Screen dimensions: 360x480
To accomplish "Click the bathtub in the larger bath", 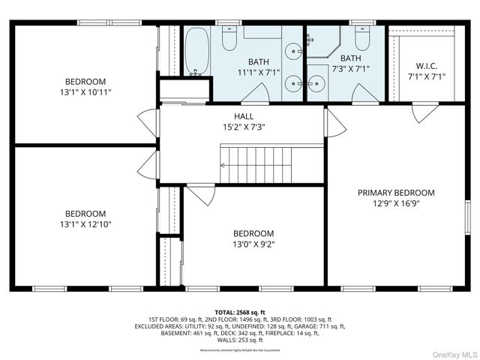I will coord(197,52).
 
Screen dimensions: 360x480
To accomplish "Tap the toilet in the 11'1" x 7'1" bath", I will coord(229,37).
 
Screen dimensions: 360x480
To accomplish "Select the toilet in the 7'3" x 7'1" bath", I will coord(363,37).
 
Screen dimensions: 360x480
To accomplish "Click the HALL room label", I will coord(244,116).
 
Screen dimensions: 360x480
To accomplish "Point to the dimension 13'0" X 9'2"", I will coord(253,244).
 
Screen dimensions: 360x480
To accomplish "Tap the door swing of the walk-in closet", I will coord(425,112).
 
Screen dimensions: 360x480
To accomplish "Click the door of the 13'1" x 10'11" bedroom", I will coord(147,122).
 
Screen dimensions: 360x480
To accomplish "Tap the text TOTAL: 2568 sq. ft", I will coord(240,312).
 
